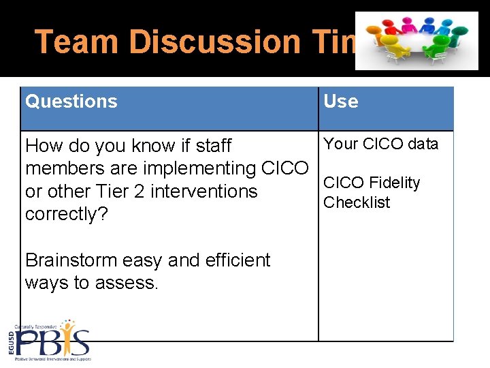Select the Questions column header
coord(71,102)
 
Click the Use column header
coord(341,102)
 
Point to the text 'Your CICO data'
coord(381,144)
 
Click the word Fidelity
coord(395,183)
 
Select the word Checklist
coord(357,202)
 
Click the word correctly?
coord(65,214)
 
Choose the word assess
coord(129,283)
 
